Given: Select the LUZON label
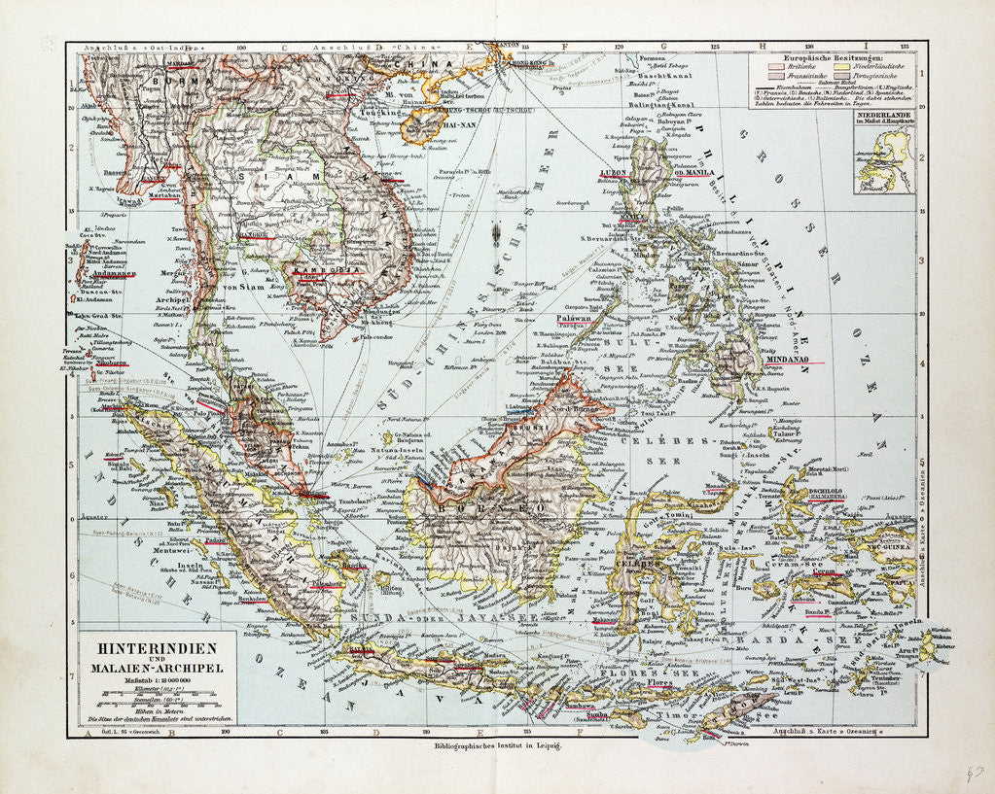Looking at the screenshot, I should pyautogui.click(x=612, y=172).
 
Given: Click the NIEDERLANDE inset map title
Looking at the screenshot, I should pyautogui.click(x=883, y=117).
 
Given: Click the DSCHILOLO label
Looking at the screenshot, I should pyautogui.click(x=806, y=491).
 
